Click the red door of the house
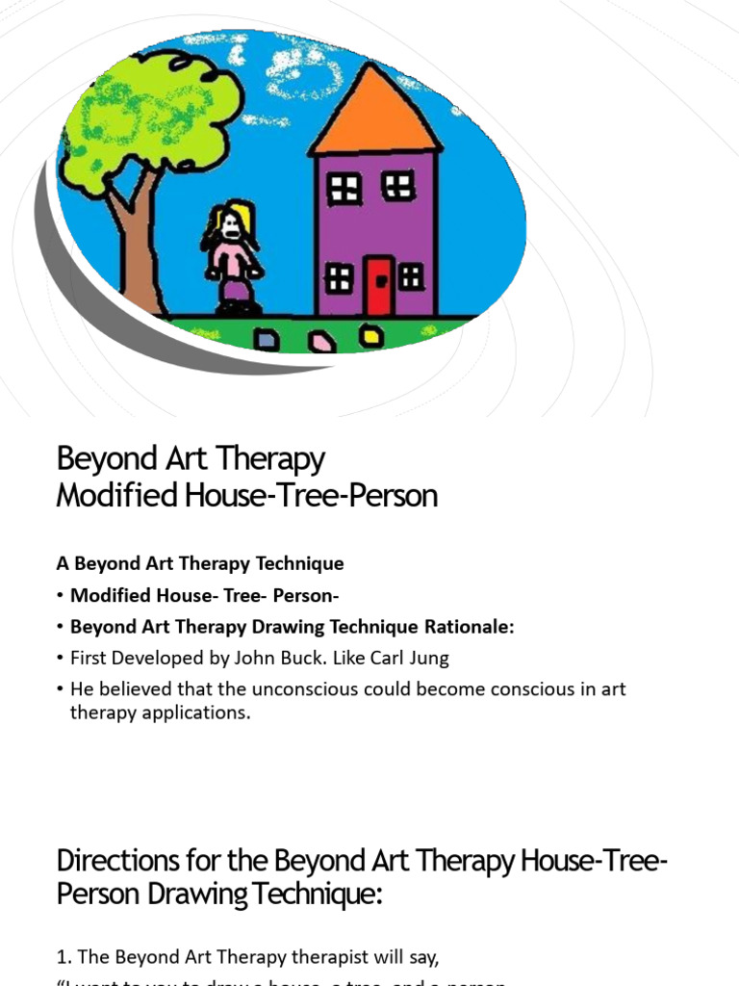click(x=379, y=285)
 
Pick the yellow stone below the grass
click(x=370, y=335)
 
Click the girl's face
click(x=231, y=227)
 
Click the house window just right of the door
click(x=411, y=277)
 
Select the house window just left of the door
click(x=339, y=278)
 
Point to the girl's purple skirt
click(x=237, y=289)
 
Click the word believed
click(x=133, y=690)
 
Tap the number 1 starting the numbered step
click(x=62, y=956)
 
